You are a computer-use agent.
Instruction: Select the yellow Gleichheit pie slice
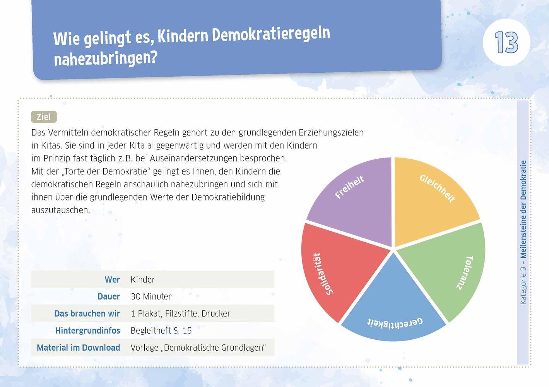click(x=429, y=201)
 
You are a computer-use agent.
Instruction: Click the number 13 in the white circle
click(x=506, y=43)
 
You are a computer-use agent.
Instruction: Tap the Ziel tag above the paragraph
click(x=44, y=117)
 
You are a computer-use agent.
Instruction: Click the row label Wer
click(x=112, y=279)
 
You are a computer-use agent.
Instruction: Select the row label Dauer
click(x=108, y=296)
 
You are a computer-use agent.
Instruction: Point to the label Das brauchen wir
click(x=87, y=313)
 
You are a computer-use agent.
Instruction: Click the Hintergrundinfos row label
click(x=87, y=330)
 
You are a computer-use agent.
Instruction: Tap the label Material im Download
click(x=78, y=348)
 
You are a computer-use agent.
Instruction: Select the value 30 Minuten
click(x=152, y=296)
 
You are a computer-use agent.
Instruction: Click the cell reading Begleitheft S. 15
click(x=161, y=330)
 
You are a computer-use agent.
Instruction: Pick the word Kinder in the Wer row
click(x=143, y=279)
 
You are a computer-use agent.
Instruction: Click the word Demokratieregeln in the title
click(x=271, y=34)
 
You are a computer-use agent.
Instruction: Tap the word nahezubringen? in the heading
click(x=106, y=58)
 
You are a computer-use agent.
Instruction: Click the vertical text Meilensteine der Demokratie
click(x=523, y=209)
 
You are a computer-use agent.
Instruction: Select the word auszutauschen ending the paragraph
click(x=60, y=210)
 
